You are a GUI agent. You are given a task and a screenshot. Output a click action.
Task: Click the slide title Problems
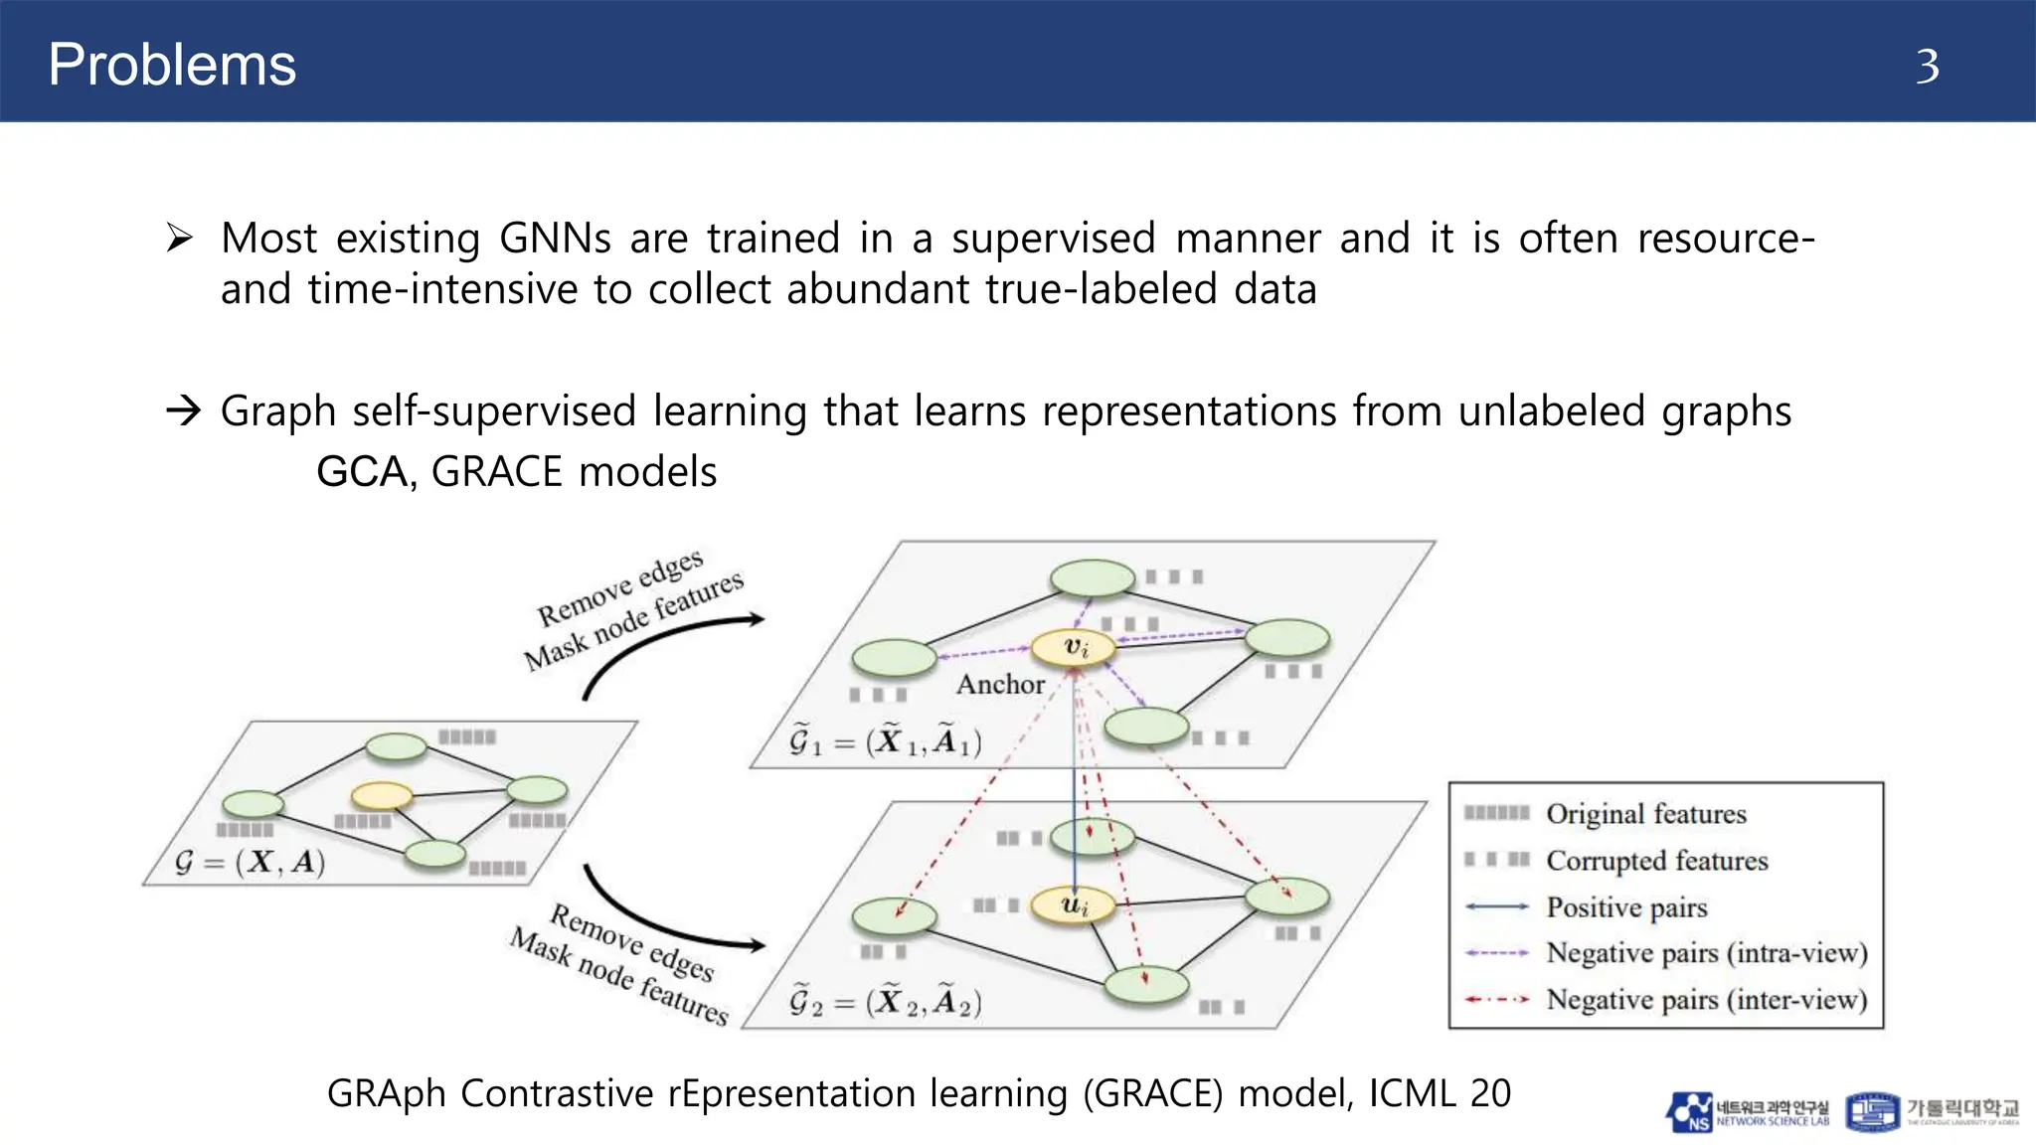pos(172,65)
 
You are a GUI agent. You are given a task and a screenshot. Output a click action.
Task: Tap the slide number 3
pos(1927,67)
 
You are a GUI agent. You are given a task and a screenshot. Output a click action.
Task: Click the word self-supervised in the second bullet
pos(494,411)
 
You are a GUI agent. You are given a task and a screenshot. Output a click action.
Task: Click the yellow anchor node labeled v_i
pos(1074,647)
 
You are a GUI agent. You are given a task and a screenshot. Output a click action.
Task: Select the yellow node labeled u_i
pos(1074,905)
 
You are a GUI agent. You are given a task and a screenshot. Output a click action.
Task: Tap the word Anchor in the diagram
pos(1000,684)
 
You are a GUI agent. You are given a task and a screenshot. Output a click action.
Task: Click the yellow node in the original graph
pos(382,795)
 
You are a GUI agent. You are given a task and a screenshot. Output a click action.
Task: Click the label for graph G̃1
pos(885,741)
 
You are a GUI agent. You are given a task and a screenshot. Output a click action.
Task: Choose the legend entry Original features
pos(1645,814)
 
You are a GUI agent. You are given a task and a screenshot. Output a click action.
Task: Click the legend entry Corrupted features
pos(1656,861)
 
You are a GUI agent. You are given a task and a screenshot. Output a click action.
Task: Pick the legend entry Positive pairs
pos(1626,906)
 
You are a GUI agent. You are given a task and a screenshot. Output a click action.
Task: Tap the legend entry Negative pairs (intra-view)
pos(1706,953)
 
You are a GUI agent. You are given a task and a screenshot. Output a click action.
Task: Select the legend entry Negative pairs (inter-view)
pos(1706,999)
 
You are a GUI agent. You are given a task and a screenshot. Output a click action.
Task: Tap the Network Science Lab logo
pos(1747,1112)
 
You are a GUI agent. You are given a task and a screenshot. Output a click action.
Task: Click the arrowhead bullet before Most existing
pos(180,239)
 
